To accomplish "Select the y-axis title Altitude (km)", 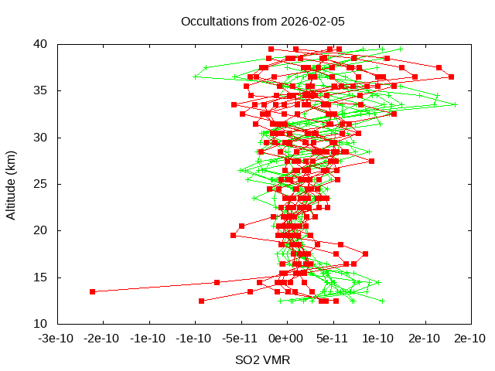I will [12, 184].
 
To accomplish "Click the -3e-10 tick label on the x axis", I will [57, 338].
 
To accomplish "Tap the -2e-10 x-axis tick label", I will [103, 338].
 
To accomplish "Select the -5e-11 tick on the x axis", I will [241, 338].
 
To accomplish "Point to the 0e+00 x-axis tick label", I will [286, 338].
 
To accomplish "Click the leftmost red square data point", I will [92, 291].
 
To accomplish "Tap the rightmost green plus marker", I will [455, 104].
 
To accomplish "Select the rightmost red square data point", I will [451, 77].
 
